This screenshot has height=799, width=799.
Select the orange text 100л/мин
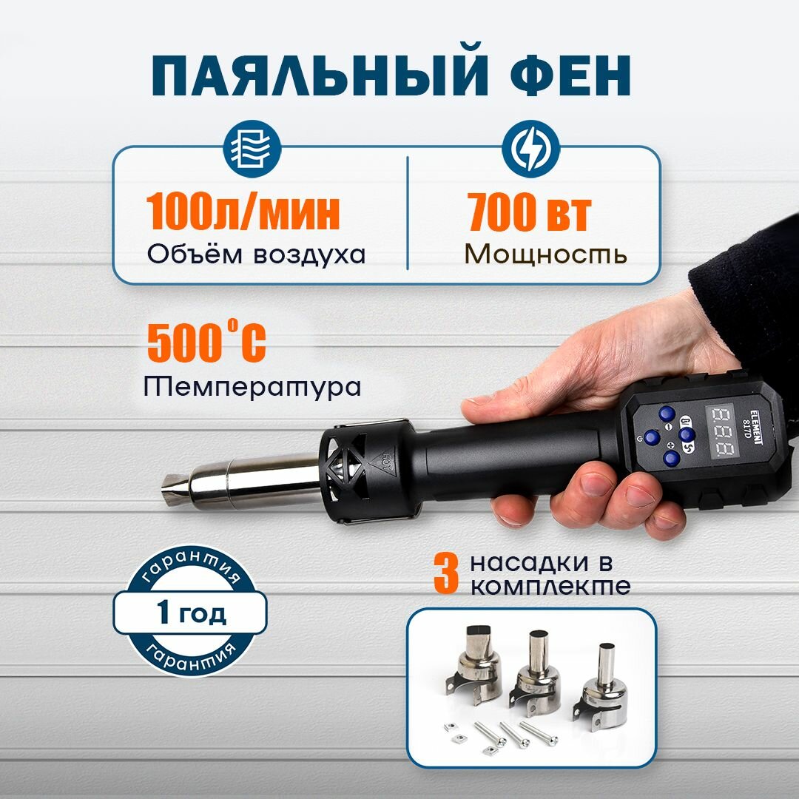[x=243, y=212]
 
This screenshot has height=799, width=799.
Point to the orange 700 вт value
[x=530, y=212]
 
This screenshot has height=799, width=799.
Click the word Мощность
[x=546, y=254]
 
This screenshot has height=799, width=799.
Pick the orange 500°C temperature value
[x=206, y=342]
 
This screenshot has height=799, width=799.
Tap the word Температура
[x=253, y=386]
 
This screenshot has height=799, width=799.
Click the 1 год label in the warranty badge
[x=192, y=613]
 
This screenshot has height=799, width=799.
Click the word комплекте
[x=550, y=587]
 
